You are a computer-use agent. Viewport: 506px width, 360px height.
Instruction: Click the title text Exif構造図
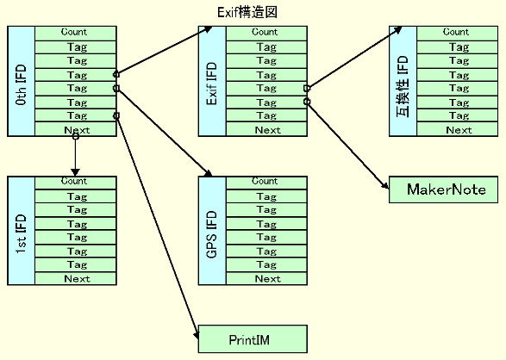(247, 13)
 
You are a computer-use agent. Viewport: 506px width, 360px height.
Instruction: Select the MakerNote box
(443, 189)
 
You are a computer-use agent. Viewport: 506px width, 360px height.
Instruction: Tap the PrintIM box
(253, 339)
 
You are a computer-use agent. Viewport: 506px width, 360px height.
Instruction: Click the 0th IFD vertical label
(21, 84)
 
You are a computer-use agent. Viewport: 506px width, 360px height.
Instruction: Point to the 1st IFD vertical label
(21, 233)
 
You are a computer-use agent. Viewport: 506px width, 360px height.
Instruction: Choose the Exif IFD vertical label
(212, 84)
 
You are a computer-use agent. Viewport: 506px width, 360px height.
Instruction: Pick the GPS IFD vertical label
(212, 234)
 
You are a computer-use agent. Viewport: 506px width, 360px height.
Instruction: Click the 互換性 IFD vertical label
(403, 86)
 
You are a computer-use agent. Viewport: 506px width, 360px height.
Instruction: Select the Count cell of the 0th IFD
(76, 34)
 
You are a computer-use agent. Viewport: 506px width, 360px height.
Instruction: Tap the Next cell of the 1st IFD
(76, 278)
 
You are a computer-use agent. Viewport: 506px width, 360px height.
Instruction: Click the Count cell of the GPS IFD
(266, 182)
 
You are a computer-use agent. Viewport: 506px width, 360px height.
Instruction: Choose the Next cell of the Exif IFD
(266, 129)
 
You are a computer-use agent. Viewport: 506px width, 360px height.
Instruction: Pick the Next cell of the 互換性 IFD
(457, 129)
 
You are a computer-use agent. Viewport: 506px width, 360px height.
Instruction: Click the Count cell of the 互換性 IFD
(457, 34)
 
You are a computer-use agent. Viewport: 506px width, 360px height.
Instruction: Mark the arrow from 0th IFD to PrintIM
(158, 227)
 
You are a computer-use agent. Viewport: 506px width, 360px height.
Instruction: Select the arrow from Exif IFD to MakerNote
(347, 145)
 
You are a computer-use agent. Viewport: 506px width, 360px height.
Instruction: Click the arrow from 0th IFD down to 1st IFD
(76, 155)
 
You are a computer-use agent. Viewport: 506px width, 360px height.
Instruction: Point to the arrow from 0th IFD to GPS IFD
(164, 132)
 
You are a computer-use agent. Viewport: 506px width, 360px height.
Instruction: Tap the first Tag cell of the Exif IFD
(266, 47)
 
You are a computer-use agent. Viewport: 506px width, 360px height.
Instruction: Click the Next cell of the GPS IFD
(266, 278)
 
